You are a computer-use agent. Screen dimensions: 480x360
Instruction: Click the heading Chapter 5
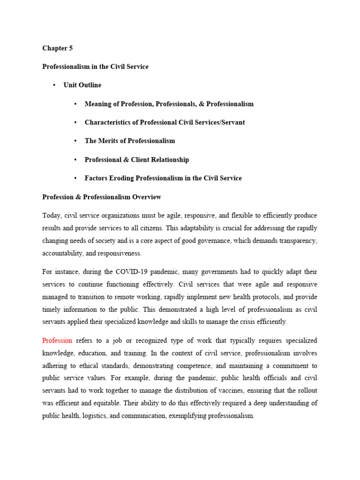[57, 48]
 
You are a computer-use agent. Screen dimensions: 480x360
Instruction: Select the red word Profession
[57, 340]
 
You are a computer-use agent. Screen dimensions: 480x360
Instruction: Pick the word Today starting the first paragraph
[52, 216]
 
